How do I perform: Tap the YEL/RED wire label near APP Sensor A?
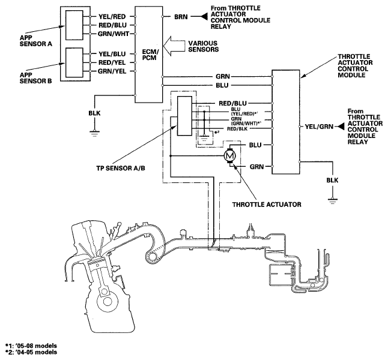112,17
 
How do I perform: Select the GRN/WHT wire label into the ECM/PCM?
114,34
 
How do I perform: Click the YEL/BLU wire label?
112,54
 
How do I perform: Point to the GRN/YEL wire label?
112,71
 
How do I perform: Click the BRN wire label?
181,17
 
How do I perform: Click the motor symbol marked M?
230,155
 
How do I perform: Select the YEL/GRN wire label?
319,127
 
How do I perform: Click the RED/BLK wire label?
237,128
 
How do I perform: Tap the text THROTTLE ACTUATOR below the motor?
267,205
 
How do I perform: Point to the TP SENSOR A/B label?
121,168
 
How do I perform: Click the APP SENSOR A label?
36,41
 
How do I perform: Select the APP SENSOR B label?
35,78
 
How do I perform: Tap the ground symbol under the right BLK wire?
332,200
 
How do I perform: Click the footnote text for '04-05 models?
31,352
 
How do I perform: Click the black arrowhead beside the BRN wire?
204,17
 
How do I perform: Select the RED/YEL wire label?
112,62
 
